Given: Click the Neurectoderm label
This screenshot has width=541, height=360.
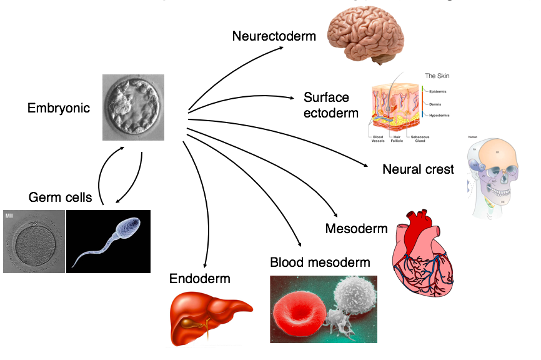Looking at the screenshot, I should point(274,36).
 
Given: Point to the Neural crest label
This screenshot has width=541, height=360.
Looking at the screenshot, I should point(418,169).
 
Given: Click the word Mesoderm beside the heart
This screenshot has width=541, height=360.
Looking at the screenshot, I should point(356,229).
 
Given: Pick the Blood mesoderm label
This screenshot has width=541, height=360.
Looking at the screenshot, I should point(320,262).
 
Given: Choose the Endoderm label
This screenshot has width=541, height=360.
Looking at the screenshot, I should point(200,279).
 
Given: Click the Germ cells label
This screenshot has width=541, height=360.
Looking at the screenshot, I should point(60,197).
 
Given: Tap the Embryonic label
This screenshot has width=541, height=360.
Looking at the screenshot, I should point(59,108).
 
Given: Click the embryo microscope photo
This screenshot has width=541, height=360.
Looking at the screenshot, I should point(133,107).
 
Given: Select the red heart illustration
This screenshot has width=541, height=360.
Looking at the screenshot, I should point(425,247).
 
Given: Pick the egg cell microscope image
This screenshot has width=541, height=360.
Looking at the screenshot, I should point(33,241).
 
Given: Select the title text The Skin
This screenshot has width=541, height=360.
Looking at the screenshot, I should point(437,76).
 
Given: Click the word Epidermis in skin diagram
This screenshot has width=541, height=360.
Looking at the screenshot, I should point(439,92).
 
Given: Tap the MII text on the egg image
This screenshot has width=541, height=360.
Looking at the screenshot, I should point(9,215).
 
